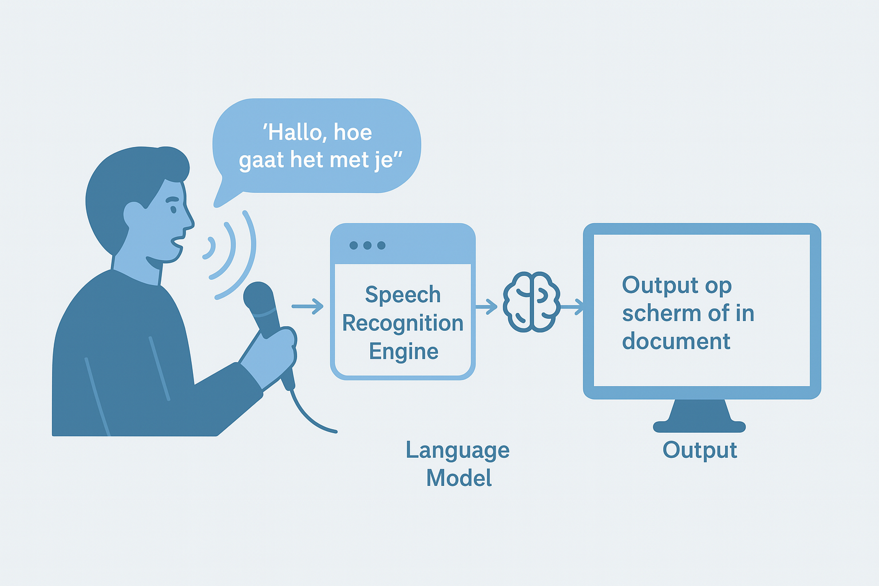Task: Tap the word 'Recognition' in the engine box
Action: (x=403, y=324)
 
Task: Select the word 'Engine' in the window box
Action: (x=403, y=352)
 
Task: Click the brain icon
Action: (x=531, y=302)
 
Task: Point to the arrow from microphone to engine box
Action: (x=308, y=306)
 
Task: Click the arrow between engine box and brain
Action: (x=486, y=307)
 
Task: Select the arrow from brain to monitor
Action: (x=572, y=307)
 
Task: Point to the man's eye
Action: (x=173, y=209)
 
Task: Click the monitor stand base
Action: (x=699, y=426)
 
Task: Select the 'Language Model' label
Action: (x=458, y=464)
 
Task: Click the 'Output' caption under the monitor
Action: (x=700, y=450)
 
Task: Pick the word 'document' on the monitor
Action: (x=676, y=340)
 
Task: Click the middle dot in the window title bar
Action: (x=367, y=246)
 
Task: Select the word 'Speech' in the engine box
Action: (x=403, y=295)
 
